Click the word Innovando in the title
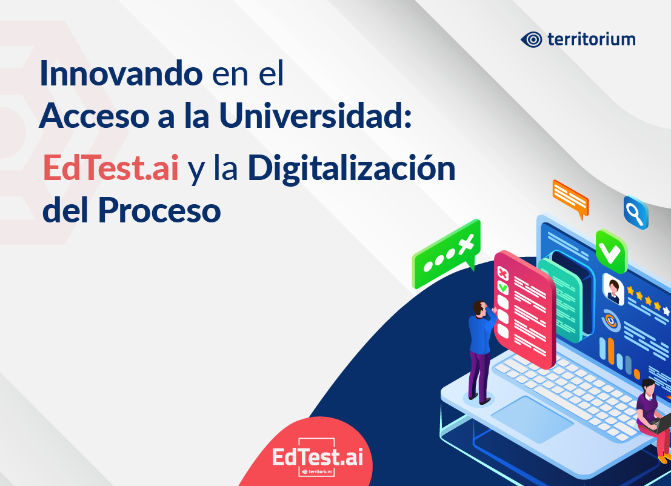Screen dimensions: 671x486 click(121, 73)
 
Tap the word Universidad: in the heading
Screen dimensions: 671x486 click(315, 115)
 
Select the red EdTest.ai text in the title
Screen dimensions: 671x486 click(111, 168)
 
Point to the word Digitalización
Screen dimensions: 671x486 click(352, 168)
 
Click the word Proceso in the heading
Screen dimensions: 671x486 click(159, 210)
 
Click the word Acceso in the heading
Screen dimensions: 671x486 click(94, 116)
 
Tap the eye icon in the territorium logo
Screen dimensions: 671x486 click(532, 40)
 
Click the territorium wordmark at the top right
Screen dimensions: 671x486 click(592, 39)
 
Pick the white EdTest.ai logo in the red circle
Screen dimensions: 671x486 click(318, 458)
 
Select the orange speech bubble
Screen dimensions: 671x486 click(571, 198)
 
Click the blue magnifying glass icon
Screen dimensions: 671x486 click(636, 212)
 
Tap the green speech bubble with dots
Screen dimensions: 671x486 click(446, 253)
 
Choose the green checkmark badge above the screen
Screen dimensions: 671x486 click(611, 251)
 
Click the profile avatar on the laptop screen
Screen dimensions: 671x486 click(613, 289)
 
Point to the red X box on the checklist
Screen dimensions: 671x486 click(503, 273)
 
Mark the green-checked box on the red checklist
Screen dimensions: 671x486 click(503, 288)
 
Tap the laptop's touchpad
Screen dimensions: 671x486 click(532, 419)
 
